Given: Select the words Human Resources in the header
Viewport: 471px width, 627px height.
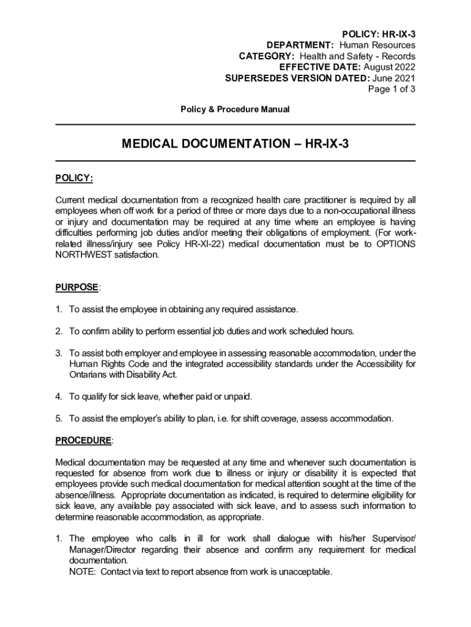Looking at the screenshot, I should click(x=377, y=45).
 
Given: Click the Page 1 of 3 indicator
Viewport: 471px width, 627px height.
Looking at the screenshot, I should click(x=391, y=89).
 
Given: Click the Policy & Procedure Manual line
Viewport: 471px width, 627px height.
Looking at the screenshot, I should click(x=235, y=109).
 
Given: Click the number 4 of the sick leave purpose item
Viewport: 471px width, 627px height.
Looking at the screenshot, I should click(x=59, y=397).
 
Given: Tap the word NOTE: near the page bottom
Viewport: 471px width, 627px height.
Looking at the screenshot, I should click(x=83, y=572).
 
